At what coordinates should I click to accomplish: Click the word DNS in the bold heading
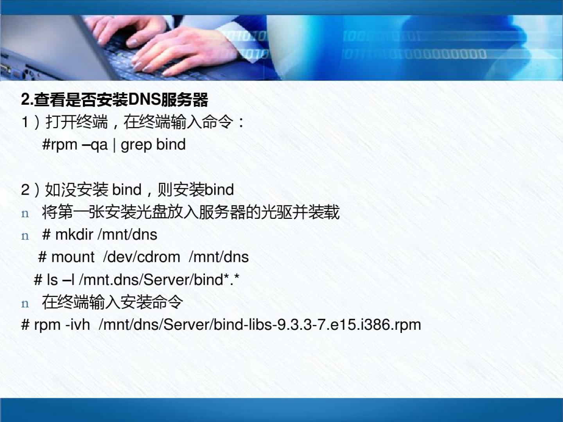pyautogui.click(x=145, y=99)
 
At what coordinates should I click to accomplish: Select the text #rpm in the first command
pyautogui.click(x=60, y=145)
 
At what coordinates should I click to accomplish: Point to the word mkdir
pyautogui.click(x=74, y=234)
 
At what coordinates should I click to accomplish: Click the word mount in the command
pyautogui.click(x=73, y=257)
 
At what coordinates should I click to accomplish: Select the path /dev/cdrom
pyautogui.click(x=142, y=257)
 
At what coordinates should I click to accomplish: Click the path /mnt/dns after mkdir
pyautogui.click(x=127, y=234)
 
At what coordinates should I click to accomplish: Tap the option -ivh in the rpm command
pyautogui.click(x=78, y=325)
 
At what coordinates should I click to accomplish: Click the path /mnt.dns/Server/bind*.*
pyautogui.click(x=159, y=279)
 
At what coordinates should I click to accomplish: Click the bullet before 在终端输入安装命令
pyautogui.click(x=25, y=304)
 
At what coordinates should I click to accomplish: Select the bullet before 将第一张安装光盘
pyautogui.click(x=25, y=214)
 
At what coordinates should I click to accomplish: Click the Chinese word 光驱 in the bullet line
pyautogui.click(x=276, y=212)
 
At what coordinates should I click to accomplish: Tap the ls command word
pyautogui.click(x=52, y=279)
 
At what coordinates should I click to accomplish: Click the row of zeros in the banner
pyautogui.click(x=438, y=54)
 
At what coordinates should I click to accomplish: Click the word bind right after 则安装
pyautogui.click(x=219, y=190)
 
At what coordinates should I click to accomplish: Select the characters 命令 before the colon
pyautogui.click(x=218, y=122)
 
